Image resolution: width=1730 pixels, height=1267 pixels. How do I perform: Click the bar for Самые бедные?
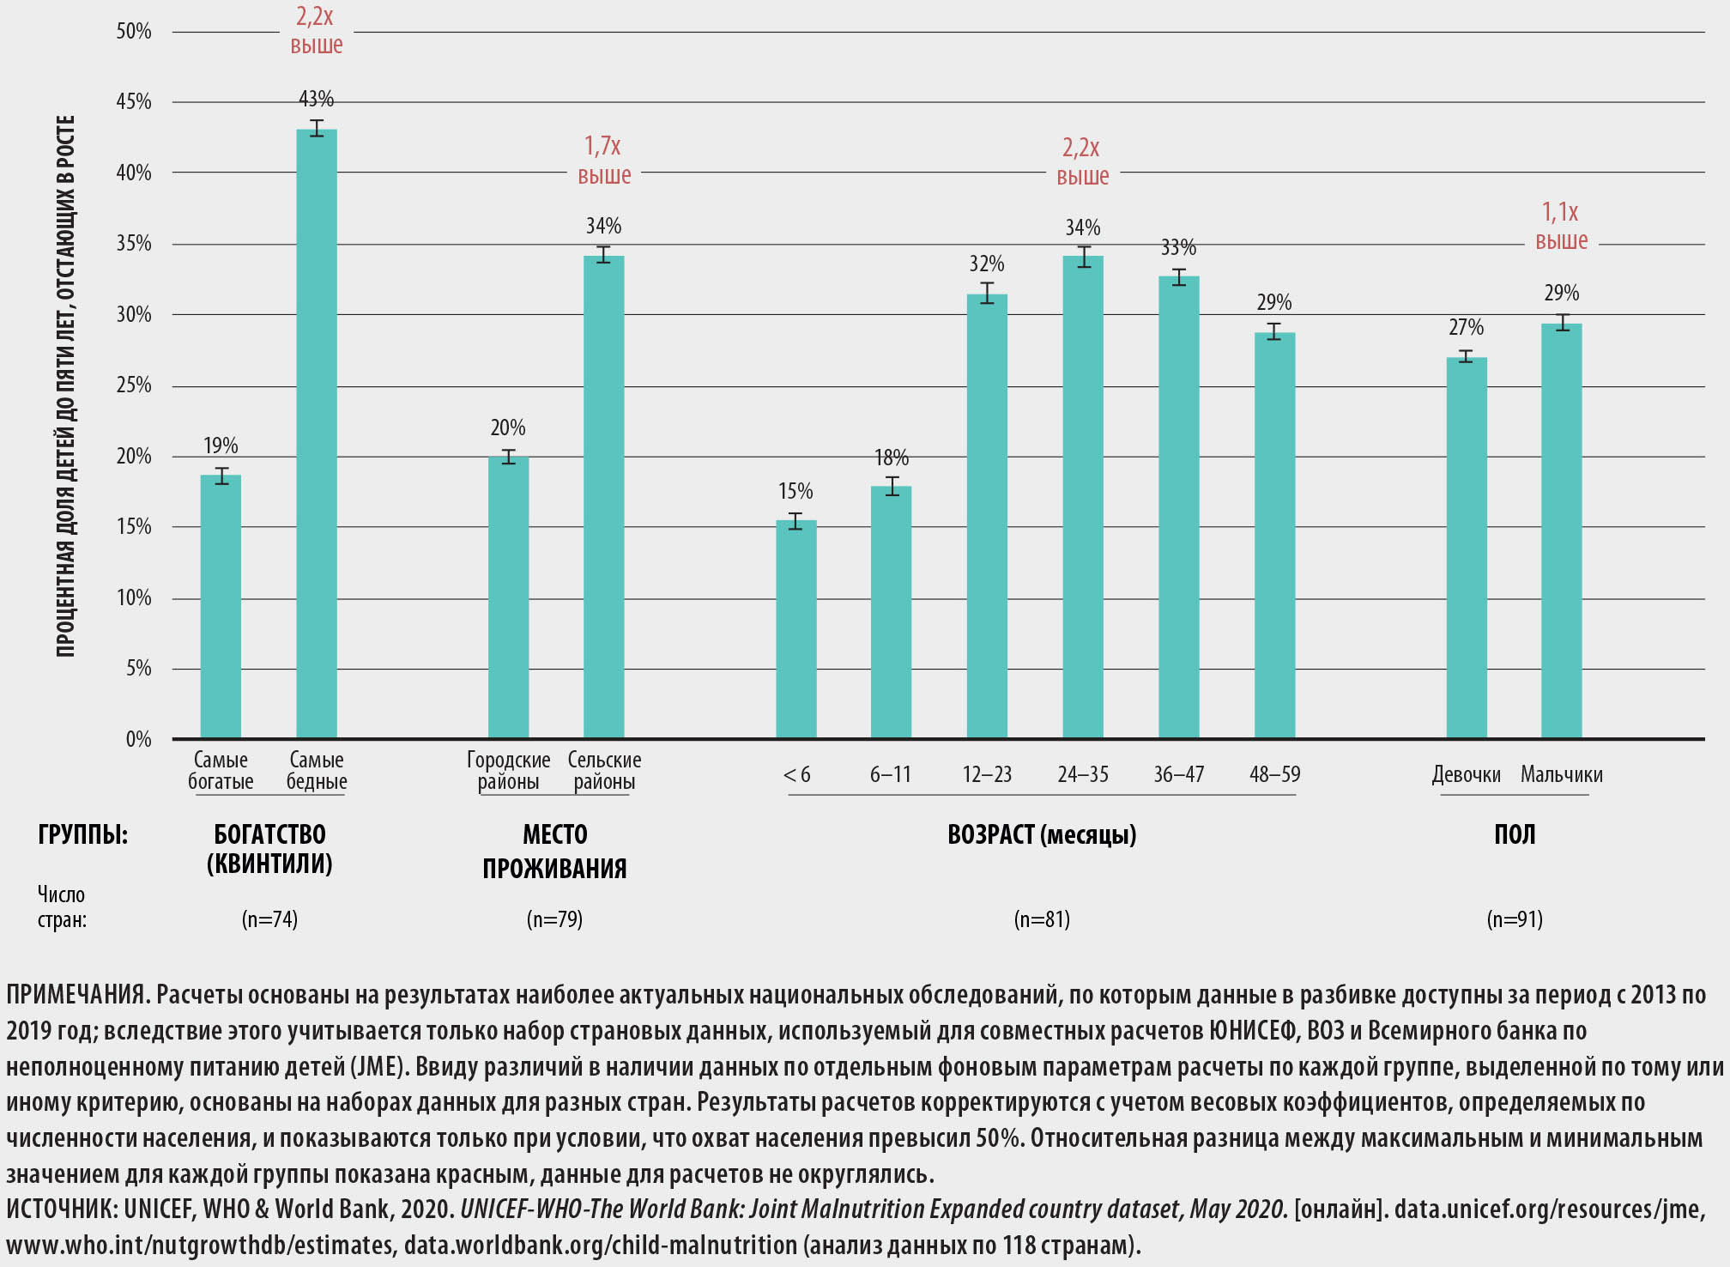coord(317,433)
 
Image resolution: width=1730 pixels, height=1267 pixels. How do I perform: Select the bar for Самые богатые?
coord(221,606)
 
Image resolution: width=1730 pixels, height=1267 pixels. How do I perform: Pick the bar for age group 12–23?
coord(987,516)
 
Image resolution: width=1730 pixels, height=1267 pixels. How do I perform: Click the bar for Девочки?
coord(1466,548)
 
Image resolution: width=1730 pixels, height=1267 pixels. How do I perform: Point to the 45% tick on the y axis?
coord(134,102)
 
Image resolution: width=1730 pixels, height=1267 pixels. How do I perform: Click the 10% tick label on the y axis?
coord(134,597)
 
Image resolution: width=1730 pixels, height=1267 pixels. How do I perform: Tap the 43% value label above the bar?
coord(317,99)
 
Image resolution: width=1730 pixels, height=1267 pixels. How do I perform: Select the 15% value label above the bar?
coord(795,491)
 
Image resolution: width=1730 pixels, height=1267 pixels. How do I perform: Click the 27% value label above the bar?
coord(1466,327)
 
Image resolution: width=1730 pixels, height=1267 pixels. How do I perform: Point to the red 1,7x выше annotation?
coord(604,160)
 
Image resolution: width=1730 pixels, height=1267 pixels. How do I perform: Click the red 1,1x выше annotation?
coord(1561,226)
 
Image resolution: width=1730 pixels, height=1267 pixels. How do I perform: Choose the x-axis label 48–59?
coord(1274,774)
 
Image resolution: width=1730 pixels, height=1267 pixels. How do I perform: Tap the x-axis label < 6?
coord(796,774)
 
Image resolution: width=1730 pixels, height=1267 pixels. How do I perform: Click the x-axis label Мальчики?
coord(1561,774)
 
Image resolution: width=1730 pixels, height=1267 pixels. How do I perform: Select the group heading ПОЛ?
coord(1515,834)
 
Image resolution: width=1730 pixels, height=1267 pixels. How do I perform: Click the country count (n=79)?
coord(554,919)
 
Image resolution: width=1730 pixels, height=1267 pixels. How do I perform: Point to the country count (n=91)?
coord(1515,919)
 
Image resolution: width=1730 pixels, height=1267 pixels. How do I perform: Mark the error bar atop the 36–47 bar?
coord(1179,276)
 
